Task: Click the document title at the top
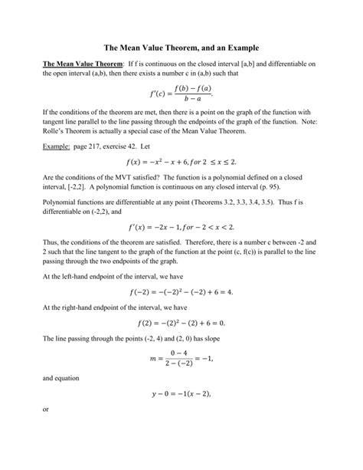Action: click(x=181, y=44)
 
